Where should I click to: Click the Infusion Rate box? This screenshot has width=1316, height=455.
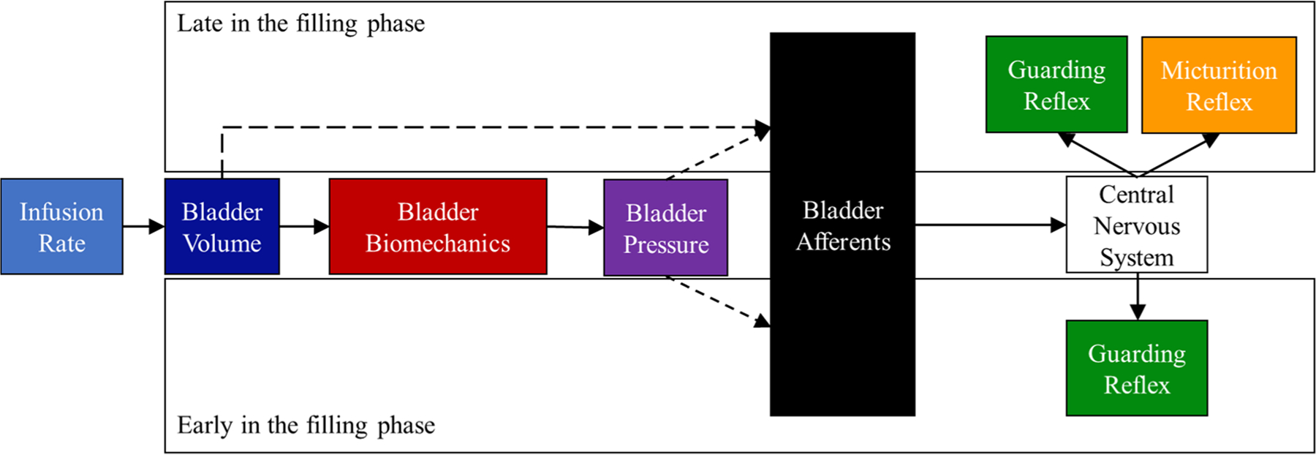point(61,227)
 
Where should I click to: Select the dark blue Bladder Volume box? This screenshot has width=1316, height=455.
point(222,227)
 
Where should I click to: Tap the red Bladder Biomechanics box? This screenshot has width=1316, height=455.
point(437,227)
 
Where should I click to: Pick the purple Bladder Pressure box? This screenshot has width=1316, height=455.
point(665,227)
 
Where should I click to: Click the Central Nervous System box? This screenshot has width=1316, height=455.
point(1136,225)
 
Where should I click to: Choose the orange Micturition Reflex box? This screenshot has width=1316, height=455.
point(1219,86)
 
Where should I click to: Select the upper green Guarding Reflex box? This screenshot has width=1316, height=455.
point(1056,85)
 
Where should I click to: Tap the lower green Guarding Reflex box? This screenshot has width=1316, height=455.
point(1136,368)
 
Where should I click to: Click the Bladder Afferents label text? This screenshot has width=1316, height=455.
point(842,225)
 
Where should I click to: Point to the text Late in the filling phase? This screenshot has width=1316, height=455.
point(300,23)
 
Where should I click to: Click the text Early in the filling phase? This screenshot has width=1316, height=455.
point(306,425)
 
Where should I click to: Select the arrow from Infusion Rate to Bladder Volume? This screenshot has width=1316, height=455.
point(144,227)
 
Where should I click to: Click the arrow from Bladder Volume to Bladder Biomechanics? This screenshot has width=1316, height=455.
point(304,227)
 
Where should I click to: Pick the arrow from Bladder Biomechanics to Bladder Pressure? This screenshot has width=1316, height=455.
point(575,227)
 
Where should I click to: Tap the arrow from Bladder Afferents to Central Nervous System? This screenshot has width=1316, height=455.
point(991,225)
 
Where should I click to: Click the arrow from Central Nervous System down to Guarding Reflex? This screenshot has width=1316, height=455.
point(1137,296)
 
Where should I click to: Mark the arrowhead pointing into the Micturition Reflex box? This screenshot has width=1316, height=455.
point(1211,139)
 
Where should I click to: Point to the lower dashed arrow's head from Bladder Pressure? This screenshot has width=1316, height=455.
point(762,320)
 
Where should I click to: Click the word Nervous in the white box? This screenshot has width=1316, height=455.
point(1136,226)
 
